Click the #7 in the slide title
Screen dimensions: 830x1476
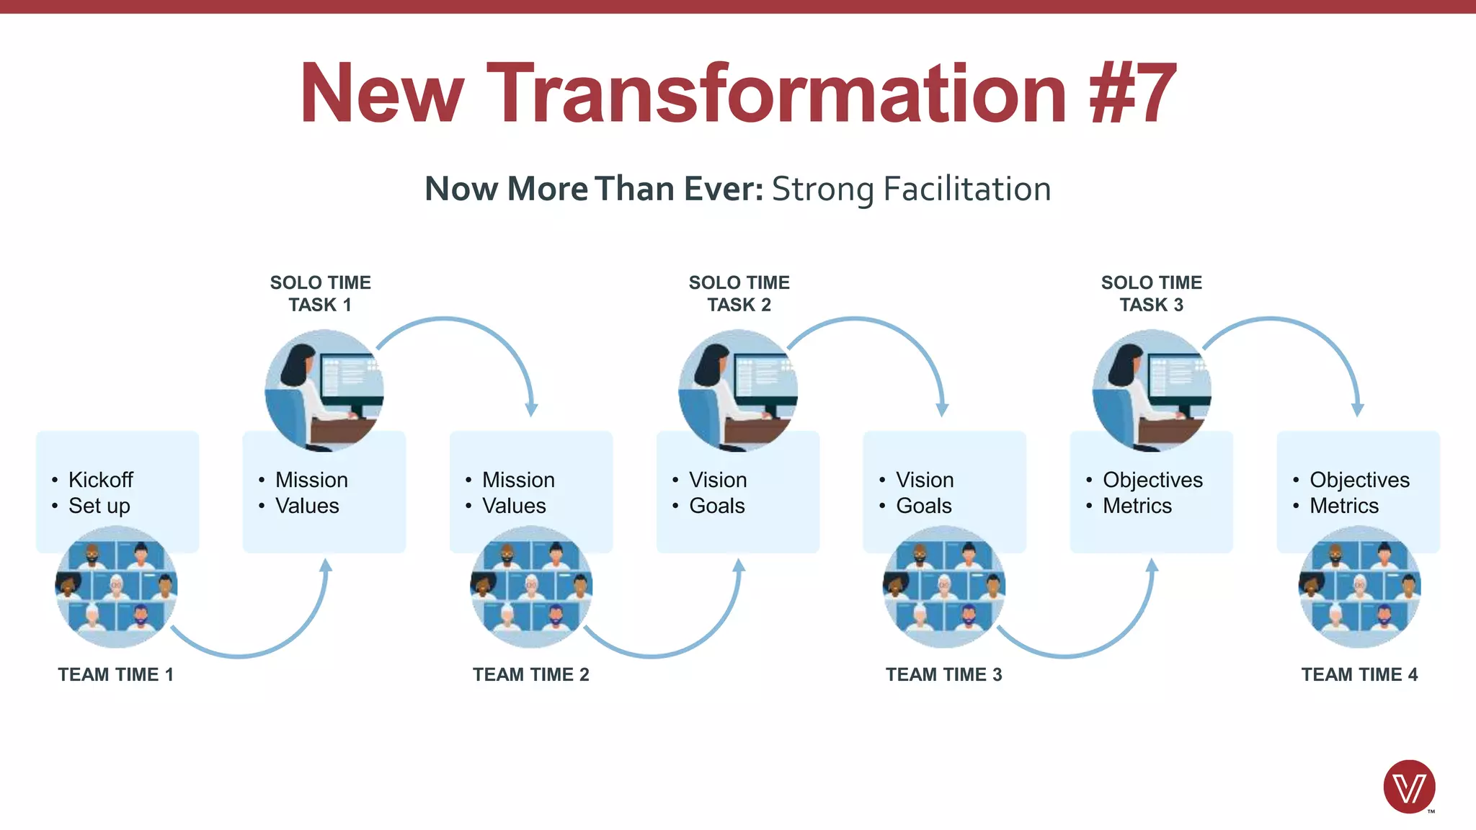(x=1133, y=94)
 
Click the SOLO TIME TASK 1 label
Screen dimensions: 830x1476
(x=321, y=293)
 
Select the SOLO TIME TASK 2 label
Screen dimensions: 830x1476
(x=739, y=293)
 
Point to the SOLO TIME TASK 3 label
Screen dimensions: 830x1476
(x=1151, y=293)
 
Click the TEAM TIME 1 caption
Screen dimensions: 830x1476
(x=116, y=674)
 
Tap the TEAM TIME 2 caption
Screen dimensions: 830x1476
(x=531, y=674)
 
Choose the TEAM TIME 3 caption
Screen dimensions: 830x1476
(x=944, y=674)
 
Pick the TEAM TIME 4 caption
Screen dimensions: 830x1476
(x=1359, y=674)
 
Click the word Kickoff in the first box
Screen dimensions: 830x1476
(x=101, y=480)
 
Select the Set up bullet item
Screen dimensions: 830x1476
(x=99, y=506)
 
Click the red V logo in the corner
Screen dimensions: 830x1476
(x=1409, y=787)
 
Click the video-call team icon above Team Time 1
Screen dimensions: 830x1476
(x=116, y=586)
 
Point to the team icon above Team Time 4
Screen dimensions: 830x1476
(x=1359, y=586)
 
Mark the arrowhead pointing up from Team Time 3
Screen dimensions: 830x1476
(x=1152, y=566)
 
